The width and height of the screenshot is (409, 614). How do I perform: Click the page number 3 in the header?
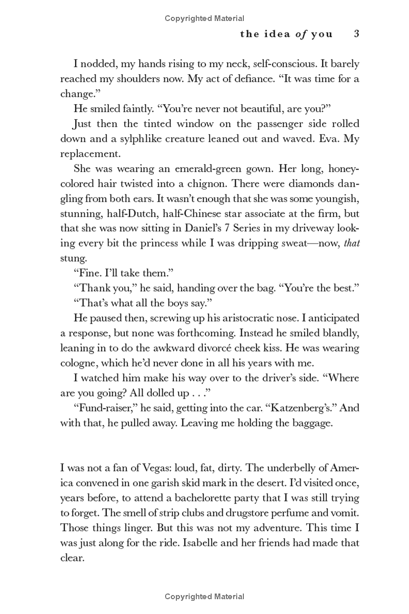357,34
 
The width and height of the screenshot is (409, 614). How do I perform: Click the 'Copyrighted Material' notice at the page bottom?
204,597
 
